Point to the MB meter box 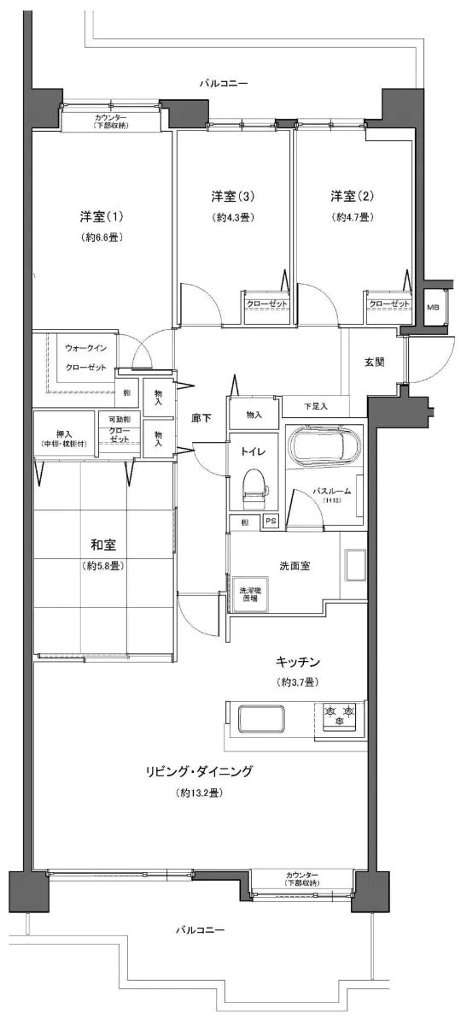433,308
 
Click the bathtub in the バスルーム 324,445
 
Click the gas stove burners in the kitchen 341,713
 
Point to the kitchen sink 260,718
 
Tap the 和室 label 103,545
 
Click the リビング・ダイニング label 198,771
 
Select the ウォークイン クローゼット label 86,358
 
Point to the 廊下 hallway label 202,418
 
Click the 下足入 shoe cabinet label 315,405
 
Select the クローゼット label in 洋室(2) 388,304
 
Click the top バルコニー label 224,84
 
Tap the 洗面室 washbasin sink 354,566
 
